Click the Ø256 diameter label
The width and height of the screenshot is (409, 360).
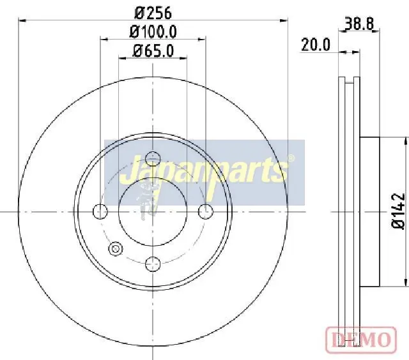[153, 12]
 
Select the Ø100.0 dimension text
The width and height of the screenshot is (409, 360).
[153, 31]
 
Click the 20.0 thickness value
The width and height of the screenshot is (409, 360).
[316, 44]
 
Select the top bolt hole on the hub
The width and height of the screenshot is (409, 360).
[153, 159]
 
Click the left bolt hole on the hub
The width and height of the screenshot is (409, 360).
[100, 211]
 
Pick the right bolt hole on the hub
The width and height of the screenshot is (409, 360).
[205, 211]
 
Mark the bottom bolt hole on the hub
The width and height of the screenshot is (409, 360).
[153, 262]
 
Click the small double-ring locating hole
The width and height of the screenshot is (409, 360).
[116, 249]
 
